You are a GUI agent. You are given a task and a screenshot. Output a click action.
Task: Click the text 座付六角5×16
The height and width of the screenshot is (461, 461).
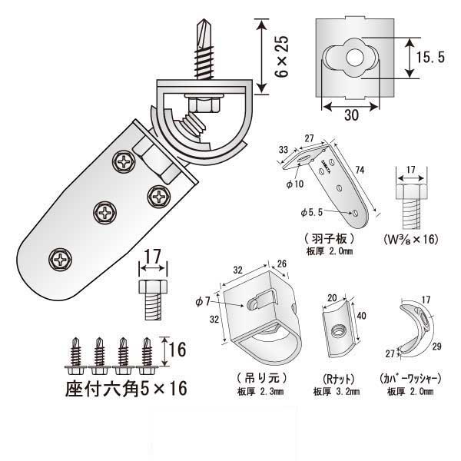(126, 388)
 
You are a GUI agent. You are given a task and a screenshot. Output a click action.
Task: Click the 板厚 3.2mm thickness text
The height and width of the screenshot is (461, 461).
(332, 391)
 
